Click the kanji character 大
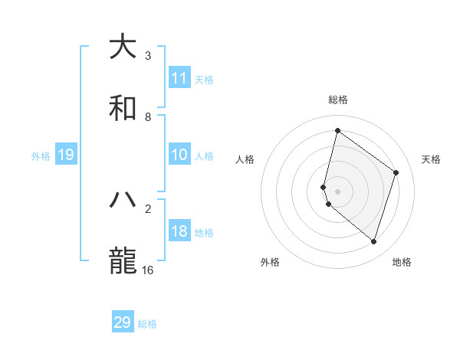pos(123,47)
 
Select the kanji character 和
pos(123,108)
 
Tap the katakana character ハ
pos(123,200)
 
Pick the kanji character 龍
pos(123,261)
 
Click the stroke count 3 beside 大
pos(148,56)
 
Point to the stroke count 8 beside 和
pos(148,117)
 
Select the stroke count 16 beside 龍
pos(148,270)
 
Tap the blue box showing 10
pos(179,155)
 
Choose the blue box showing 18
pos(179,231)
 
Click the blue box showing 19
pos(66,155)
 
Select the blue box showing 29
pos(123,322)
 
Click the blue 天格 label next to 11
pos(204,79)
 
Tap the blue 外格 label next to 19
pos(41,156)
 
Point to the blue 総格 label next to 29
pos(147,324)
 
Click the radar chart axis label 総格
pos(338,100)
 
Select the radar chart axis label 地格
pos(402,263)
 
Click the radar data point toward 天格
pos(396,172)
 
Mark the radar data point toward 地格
pos(373,242)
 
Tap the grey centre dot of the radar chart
pos(338,191)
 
